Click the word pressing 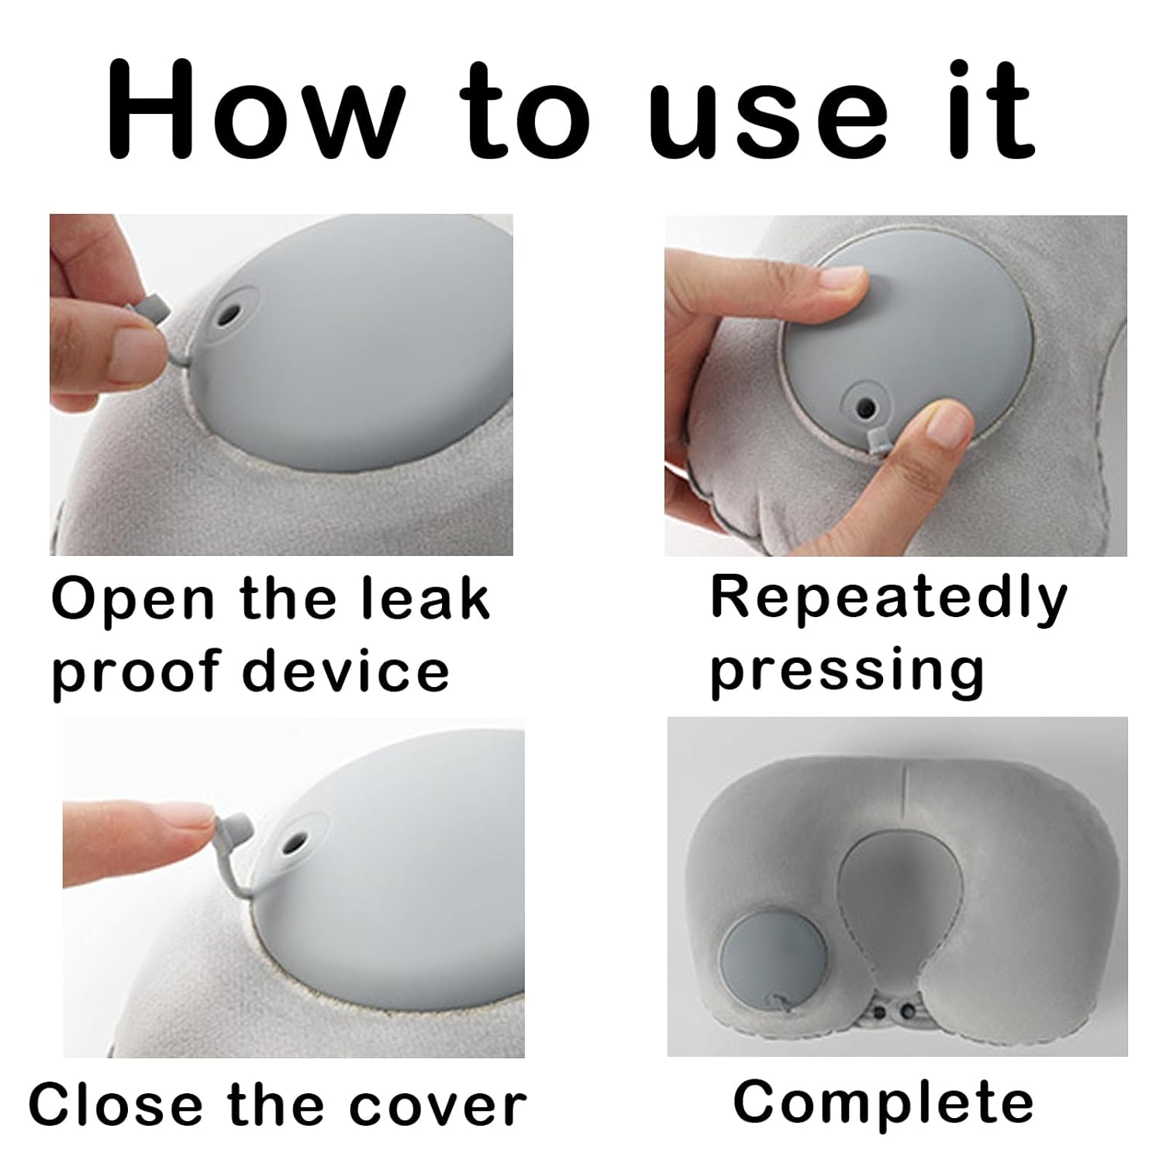(x=847, y=672)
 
